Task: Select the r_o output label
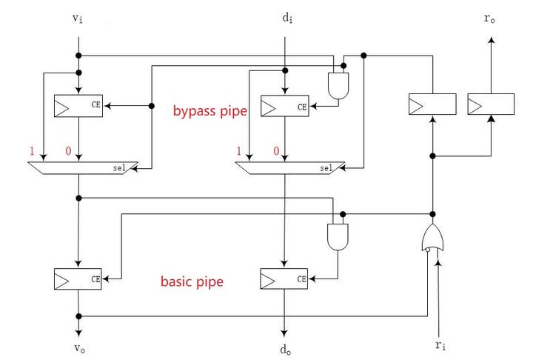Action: [489, 19]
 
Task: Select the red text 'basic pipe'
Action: [192, 281]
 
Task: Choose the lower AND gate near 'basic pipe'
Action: [337, 236]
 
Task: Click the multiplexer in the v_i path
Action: [81, 169]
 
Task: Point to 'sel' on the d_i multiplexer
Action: [326, 169]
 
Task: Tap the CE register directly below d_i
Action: [286, 107]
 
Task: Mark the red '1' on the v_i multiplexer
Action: [32, 151]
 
